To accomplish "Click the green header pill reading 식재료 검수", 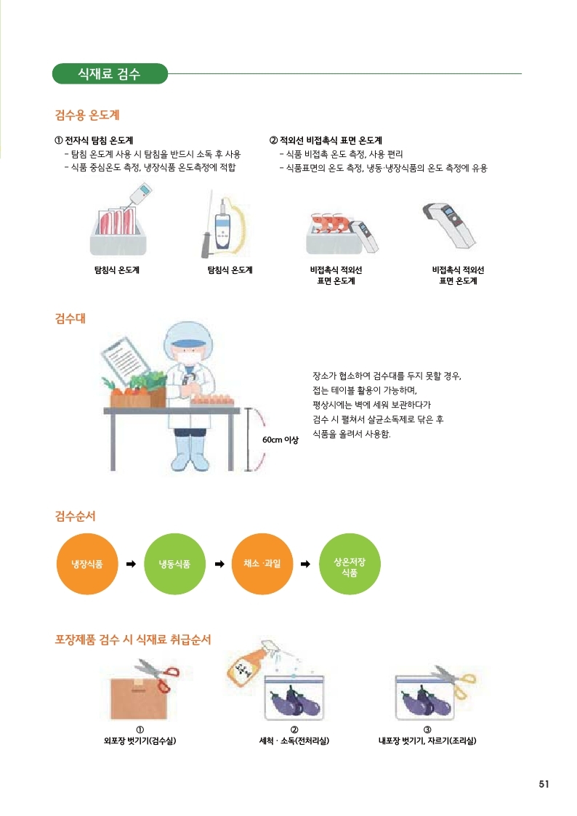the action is click(110, 73).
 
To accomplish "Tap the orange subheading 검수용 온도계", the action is click(87, 115).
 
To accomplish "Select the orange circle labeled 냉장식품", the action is click(87, 564).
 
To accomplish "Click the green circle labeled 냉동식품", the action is click(175, 564).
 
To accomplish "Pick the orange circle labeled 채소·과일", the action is click(262, 564).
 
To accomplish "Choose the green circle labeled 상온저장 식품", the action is click(350, 564).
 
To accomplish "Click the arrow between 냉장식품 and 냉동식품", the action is click(131, 564).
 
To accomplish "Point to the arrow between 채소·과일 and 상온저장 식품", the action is click(306, 564).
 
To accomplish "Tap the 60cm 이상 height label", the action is click(281, 440).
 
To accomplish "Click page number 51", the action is click(544, 784).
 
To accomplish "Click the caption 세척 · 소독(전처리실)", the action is click(294, 740).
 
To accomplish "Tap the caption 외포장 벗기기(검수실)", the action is click(140, 740).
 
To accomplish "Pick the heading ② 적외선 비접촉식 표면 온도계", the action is click(326, 140).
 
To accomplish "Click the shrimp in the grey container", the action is click(329, 222).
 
